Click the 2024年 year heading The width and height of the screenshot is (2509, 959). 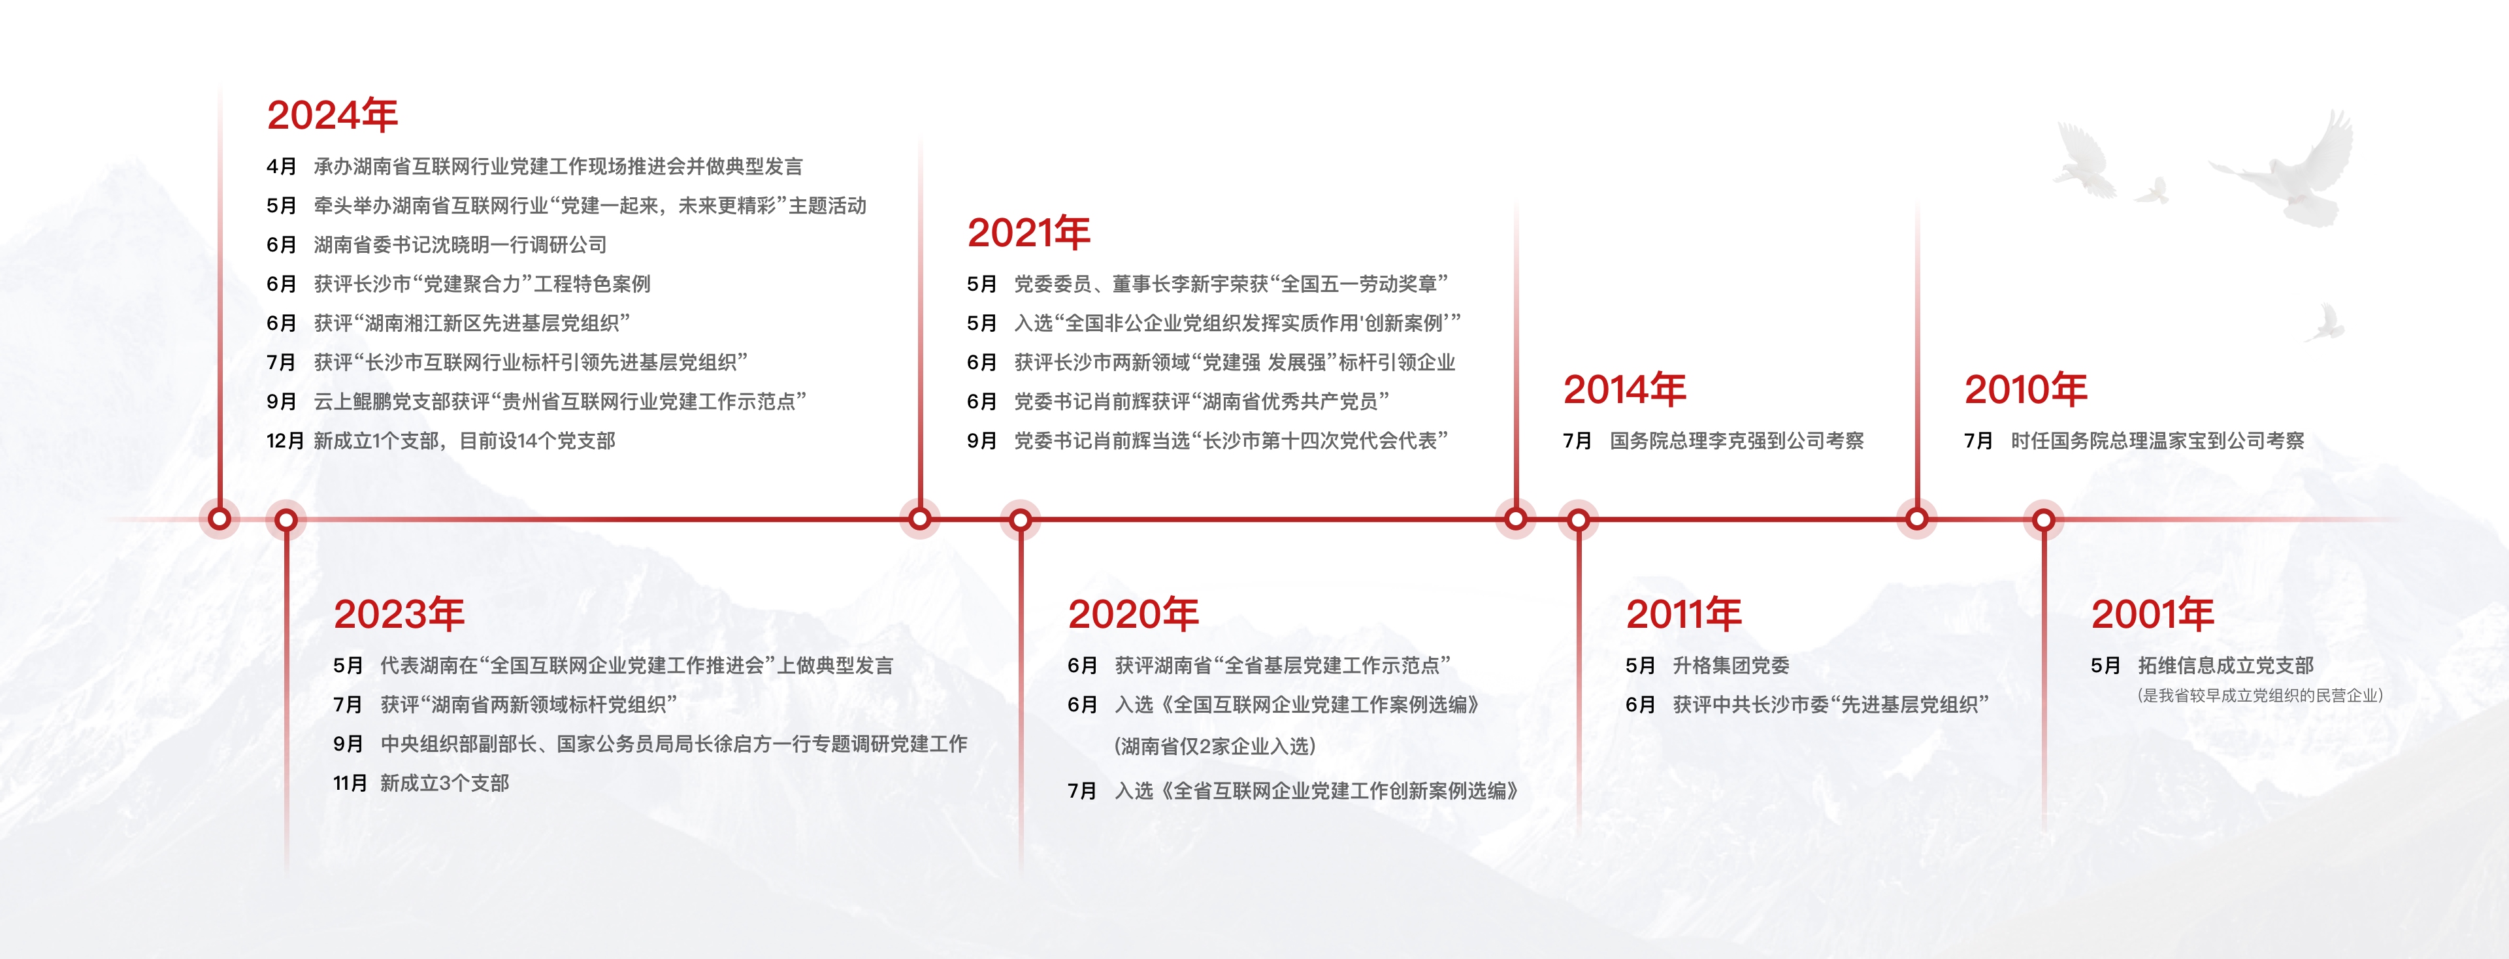[x=332, y=115]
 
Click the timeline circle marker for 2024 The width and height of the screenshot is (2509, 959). [x=220, y=518]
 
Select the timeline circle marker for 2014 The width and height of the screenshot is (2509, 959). [x=1516, y=519]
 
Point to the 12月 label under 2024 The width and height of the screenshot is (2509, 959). [x=286, y=441]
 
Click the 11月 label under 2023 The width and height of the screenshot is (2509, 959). [x=351, y=783]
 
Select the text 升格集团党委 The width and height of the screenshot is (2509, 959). [x=1731, y=666]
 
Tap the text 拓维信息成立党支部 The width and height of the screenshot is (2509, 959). [x=2225, y=666]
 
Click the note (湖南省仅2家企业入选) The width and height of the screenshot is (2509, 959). [x=1215, y=747]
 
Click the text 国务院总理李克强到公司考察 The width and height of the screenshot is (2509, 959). [x=1737, y=441]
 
